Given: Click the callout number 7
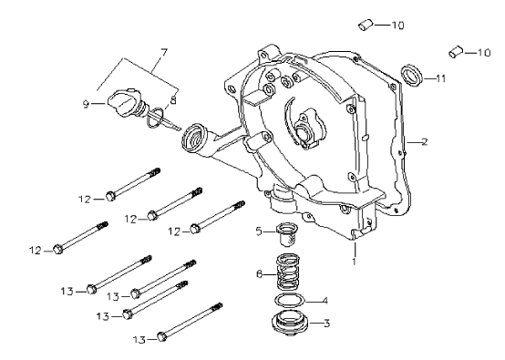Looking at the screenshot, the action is click(x=164, y=53).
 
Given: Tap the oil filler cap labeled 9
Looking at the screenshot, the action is click(x=124, y=102).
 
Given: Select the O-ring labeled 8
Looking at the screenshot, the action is click(x=155, y=118).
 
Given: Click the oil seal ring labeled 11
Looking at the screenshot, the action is click(x=411, y=76).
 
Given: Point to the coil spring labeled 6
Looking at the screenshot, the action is click(x=289, y=271).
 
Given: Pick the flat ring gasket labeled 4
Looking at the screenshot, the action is click(x=290, y=300).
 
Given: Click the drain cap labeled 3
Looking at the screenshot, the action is click(x=290, y=324).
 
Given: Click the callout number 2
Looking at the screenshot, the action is click(x=425, y=141).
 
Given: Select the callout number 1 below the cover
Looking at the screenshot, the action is click(x=355, y=261).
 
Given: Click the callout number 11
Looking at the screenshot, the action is click(x=440, y=78).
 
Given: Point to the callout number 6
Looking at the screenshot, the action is click(x=260, y=274).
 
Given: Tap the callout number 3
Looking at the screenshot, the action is click(x=326, y=323).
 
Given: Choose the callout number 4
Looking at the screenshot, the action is click(x=325, y=301).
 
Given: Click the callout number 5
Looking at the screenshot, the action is click(x=259, y=231).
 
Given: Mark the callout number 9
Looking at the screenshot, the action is click(x=86, y=104).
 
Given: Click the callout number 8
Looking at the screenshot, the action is click(x=173, y=100).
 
